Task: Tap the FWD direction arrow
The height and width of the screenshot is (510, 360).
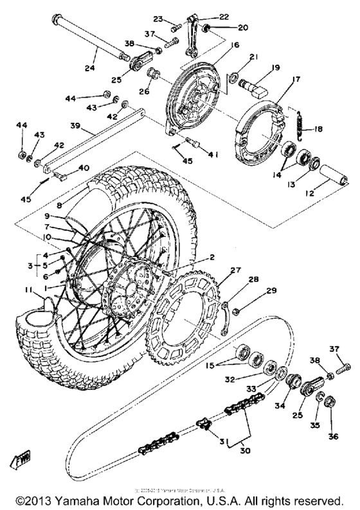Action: coord(19,460)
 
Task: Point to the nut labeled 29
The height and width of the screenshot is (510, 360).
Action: coord(237,312)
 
